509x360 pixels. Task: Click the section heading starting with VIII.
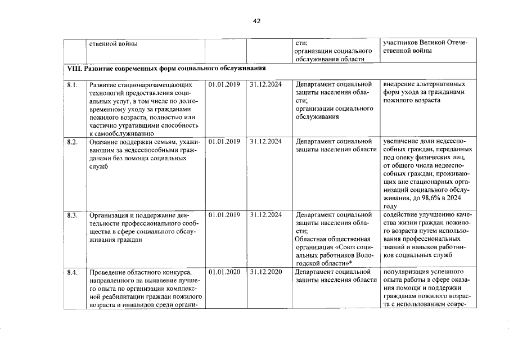coord(166,68)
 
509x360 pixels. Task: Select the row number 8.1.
coord(71,85)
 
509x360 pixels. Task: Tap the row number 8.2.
coord(71,141)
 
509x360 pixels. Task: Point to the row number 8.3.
coord(71,215)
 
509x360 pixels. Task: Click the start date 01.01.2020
coord(224,272)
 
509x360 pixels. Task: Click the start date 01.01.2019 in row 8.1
coord(224,85)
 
